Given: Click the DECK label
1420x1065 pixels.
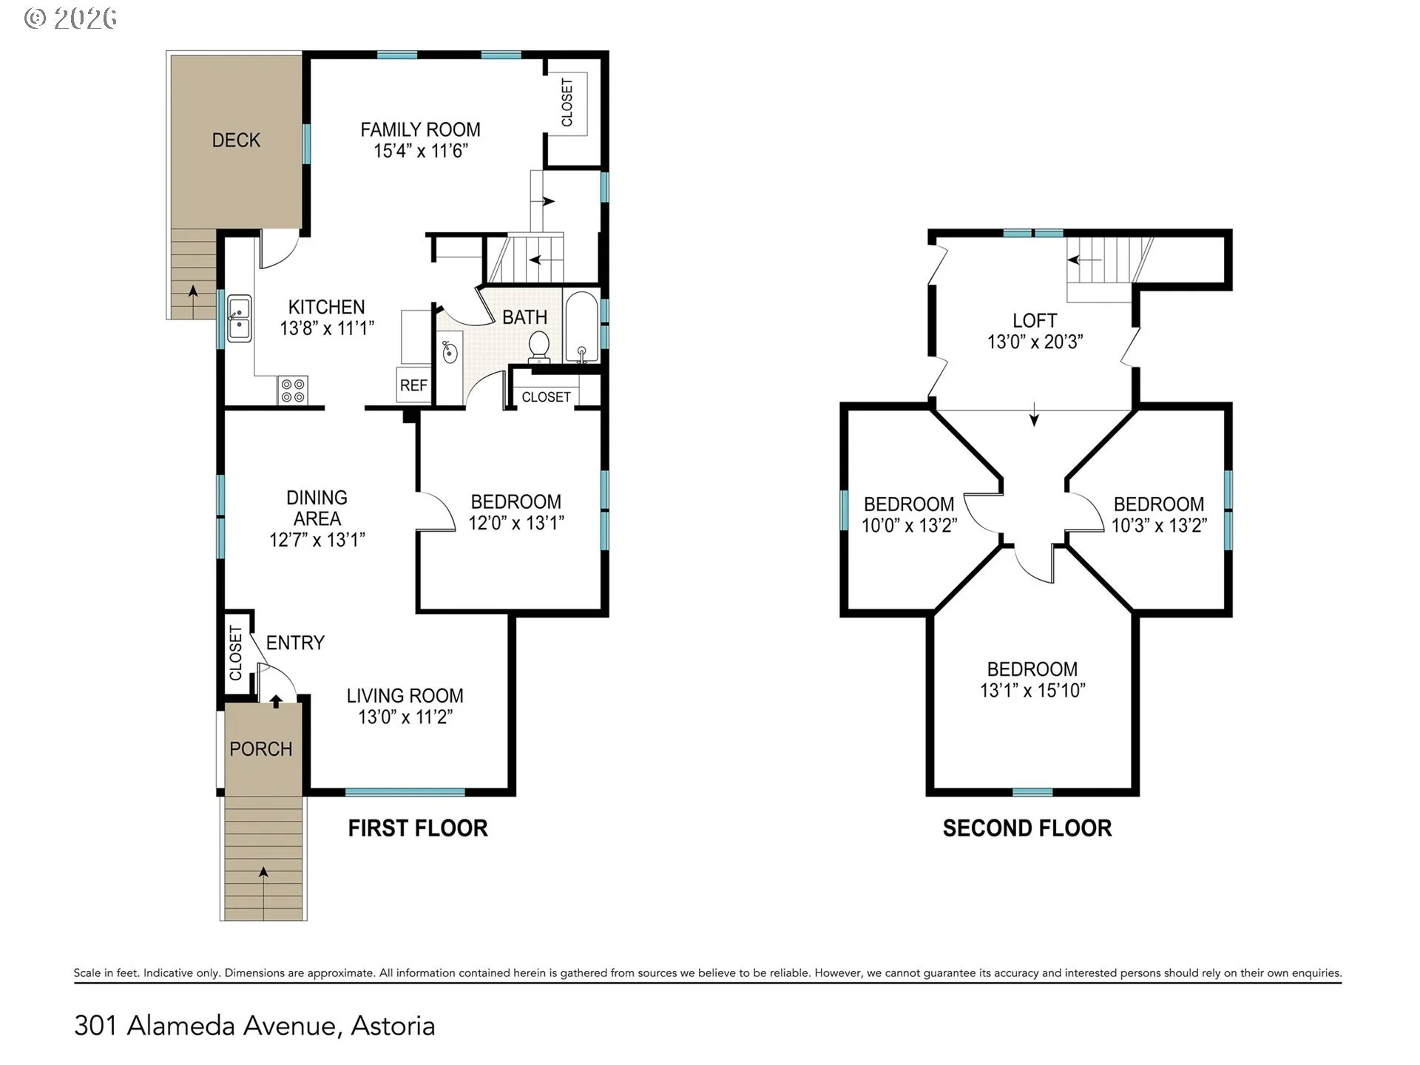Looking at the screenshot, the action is tap(236, 140).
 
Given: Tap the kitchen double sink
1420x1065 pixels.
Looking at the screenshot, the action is tap(239, 318).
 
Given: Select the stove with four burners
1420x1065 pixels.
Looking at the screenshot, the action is tap(293, 390).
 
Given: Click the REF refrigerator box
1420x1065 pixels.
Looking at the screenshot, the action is tap(413, 385).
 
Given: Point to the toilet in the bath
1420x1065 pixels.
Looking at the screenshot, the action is tap(539, 347).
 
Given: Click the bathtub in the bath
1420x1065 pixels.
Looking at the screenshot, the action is tap(581, 327).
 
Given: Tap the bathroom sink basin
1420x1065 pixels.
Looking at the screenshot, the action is tap(450, 352).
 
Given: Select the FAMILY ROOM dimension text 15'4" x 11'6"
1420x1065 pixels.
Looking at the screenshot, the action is tap(421, 151).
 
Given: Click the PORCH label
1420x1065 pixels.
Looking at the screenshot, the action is tap(261, 749).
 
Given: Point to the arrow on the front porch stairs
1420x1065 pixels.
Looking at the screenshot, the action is tap(263, 872).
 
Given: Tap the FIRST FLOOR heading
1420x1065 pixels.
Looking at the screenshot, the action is tap(418, 828).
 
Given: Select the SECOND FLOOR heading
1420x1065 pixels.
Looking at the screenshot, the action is tap(1027, 828).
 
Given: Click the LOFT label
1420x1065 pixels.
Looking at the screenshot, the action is tap(1035, 320).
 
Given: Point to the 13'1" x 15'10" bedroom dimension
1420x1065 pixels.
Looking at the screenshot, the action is tap(1032, 690).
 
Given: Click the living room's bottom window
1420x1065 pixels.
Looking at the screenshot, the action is tap(405, 792).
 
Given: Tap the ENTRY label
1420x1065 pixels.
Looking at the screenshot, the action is tap(295, 643).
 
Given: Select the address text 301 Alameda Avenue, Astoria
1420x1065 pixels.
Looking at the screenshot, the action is tap(254, 1026).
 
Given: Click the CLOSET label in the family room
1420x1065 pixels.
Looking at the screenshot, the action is tap(567, 103).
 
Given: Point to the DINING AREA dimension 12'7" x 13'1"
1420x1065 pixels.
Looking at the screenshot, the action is tap(317, 540).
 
